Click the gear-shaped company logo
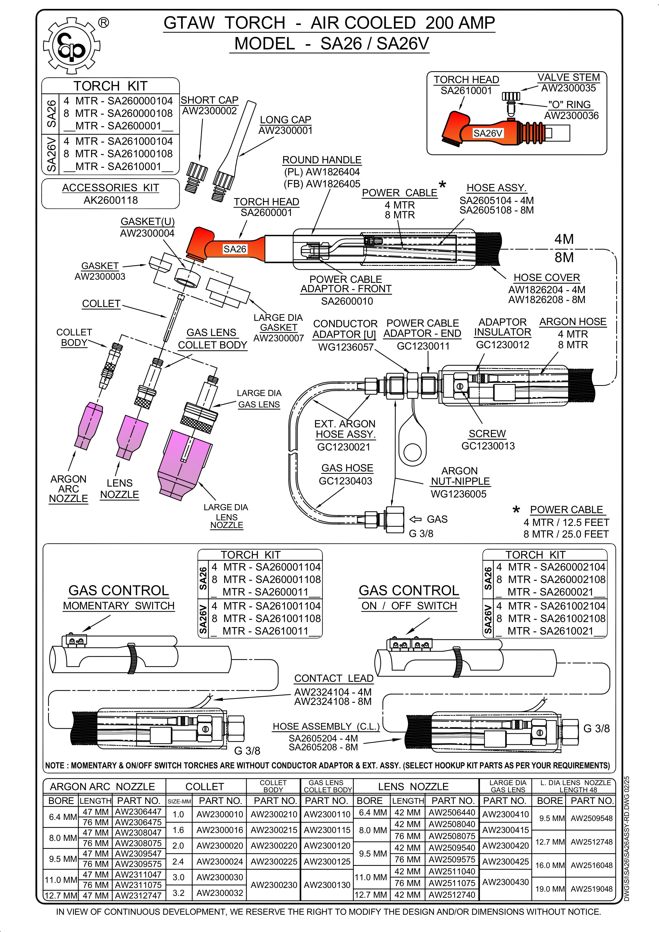click(71, 46)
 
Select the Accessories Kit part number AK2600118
click(110, 200)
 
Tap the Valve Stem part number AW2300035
click(568, 88)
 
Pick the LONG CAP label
click(286, 120)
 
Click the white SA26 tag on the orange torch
click(235, 249)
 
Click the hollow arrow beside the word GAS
click(415, 519)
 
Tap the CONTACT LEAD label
click(333, 678)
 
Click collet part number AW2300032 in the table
click(220, 893)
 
